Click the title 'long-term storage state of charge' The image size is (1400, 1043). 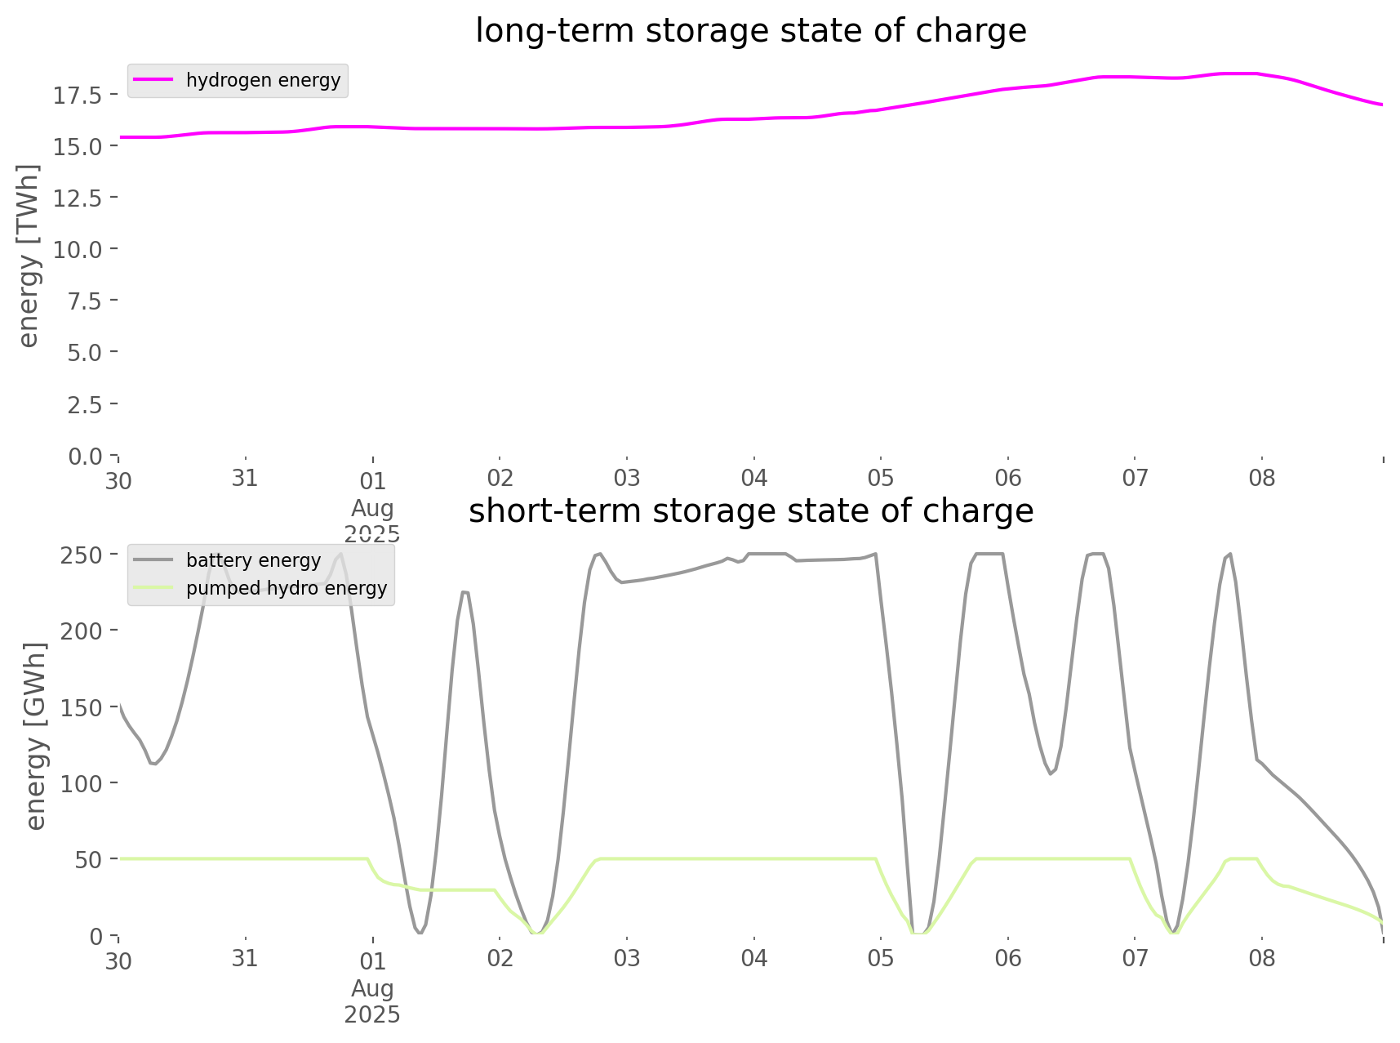pyautogui.click(x=750, y=31)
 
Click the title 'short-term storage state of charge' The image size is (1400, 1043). pyautogui.click(x=751, y=511)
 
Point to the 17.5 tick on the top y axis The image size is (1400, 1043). pyautogui.click(x=78, y=96)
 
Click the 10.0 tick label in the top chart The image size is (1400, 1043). pyautogui.click(x=78, y=249)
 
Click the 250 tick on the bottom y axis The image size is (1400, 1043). pyautogui.click(x=81, y=555)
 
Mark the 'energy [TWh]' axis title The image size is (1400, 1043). pyautogui.click(x=29, y=256)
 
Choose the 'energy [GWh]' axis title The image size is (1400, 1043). pyautogui.click(x=36, y=735)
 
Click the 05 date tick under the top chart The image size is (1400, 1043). pyautogui.click(x=881, y=479)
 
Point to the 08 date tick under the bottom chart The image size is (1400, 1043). pyautogui.click(x=1262, y=958)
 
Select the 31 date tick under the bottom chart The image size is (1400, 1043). pyautogui.click(x=245, y=958)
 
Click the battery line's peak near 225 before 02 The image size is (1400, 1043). pyautogui.click(x=464, y=591)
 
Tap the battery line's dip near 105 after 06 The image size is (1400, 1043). pyautogui.click(x=1051, y=773)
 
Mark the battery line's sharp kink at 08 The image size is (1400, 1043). pyautogui.click(x=1257, y=760)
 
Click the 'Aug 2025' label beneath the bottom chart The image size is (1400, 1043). pyautogui.click(x=372, y=1001)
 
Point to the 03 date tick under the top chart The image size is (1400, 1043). pyautogui.click(x=627, y=479)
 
